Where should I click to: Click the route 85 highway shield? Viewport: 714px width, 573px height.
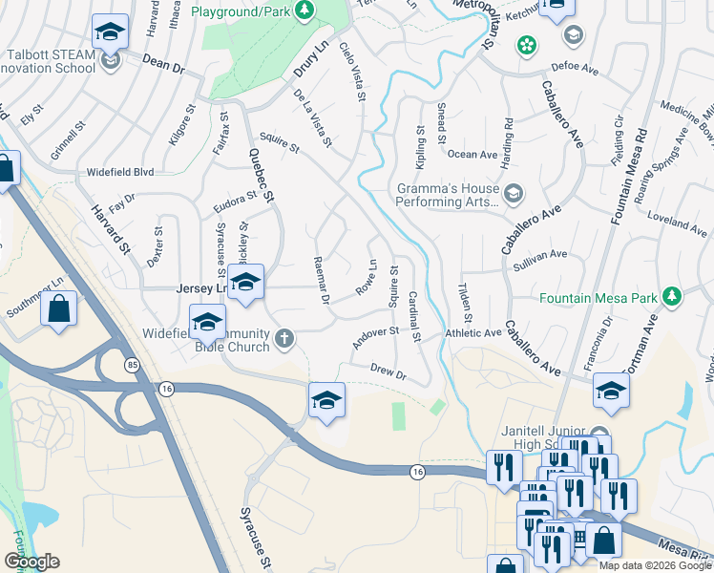[131, 362]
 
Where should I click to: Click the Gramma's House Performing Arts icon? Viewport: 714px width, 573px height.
[514, 195]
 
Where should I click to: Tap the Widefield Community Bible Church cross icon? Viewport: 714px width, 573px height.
[283, 338]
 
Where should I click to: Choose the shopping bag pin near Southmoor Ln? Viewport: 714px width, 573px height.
[59, 309]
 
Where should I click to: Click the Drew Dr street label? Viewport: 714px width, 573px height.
[388, 371]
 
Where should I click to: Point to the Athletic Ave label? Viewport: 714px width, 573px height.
[472, 333]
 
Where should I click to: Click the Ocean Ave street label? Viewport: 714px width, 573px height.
[472, 154]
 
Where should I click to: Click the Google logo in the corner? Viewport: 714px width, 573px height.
[31, 562]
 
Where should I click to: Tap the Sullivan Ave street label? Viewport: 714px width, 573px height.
[539, 255]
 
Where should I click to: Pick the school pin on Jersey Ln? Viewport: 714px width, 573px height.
[245, 283]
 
